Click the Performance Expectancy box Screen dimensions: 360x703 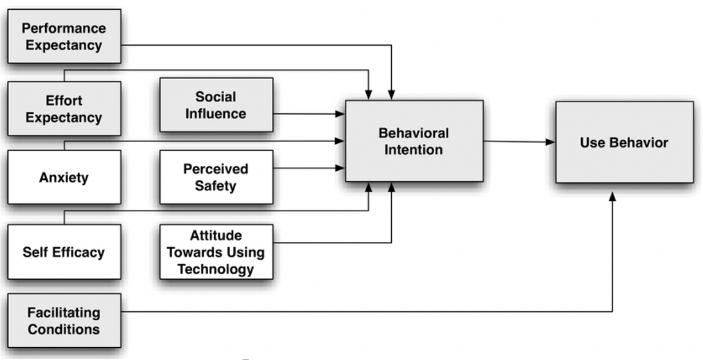point(64,37)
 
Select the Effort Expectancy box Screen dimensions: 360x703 point(64,108)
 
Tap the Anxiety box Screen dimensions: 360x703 point(64,178)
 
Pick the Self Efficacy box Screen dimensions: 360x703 point(64,252)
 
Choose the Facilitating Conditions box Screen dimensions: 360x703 point(64,321)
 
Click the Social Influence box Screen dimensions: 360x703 point(216,105)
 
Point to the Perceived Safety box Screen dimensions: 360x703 point(216,177)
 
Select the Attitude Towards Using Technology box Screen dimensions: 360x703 point(216,252)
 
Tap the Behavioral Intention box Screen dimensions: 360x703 point(414,141)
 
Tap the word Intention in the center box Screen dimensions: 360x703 point(414,149)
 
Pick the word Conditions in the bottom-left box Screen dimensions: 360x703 point(64,329)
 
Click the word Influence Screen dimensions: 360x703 point(216,113)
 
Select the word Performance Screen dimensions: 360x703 point(64,28)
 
